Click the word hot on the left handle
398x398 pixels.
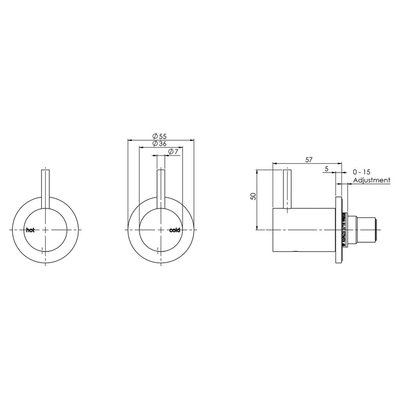point(30,230)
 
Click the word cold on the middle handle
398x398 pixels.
point(175,230)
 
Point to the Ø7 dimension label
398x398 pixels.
point(173,151)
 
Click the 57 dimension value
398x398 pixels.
point(308,160)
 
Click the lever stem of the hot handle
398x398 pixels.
point(46,189)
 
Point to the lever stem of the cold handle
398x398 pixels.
point(161,189)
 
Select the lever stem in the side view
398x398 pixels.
point(287,189)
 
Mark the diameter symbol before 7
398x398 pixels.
point(171,151)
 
